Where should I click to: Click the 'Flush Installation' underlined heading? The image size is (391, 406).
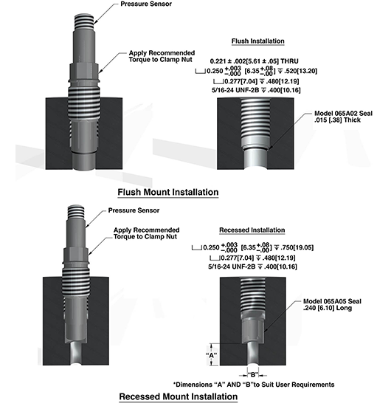(x=257, y=41)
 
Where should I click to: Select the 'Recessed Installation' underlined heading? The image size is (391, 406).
(x=252, y=230)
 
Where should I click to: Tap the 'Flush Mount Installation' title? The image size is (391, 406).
(x=168, y=192)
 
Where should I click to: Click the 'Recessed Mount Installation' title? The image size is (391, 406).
(x=179, y=396)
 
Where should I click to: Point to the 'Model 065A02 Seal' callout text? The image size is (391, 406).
(x=343, y=114)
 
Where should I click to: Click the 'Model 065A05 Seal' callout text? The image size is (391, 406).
(x=332, y=301)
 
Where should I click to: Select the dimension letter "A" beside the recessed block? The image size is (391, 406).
(x=212, y=355)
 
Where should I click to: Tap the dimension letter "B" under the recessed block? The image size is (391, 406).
(x=253, y=375)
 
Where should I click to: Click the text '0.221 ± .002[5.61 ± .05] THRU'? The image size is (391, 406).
(x=254, y=61)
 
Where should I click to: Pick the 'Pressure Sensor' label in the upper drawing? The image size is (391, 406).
(x=146, y=4)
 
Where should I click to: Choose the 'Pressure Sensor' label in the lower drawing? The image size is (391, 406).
(x=134, y=210)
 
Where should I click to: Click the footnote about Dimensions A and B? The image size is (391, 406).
(x=254, y=385)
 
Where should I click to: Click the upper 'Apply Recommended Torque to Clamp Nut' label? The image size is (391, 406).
(x=162, y=56)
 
